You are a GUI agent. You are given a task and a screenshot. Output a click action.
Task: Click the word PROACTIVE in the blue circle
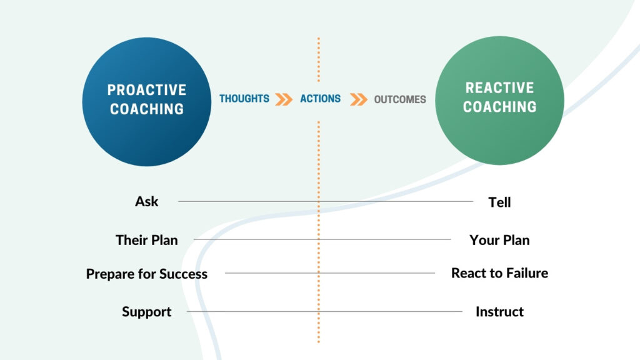147,90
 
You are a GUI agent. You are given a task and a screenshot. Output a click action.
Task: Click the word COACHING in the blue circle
147,109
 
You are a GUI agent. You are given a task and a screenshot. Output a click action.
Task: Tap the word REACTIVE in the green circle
499,87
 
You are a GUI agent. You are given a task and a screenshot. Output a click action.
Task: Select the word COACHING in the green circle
499,107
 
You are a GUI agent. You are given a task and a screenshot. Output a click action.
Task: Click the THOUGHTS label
244,99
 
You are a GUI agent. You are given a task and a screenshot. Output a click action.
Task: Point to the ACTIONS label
320,99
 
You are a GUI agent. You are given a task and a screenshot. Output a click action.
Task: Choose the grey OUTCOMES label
400,99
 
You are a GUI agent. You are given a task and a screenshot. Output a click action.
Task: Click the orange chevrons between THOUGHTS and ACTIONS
284,99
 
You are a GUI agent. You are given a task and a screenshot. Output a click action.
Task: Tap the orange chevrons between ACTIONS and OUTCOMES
358,99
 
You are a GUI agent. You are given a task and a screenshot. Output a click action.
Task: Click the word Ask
147,201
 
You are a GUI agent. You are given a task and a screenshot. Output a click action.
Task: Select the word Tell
499,202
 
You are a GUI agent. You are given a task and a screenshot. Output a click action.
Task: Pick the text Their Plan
147,240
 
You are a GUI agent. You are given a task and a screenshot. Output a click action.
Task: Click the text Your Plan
499,240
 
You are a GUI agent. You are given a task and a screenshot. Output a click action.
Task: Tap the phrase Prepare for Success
147,274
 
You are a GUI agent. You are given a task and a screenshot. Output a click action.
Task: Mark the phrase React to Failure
499,273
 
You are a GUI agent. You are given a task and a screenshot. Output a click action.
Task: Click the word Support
147,312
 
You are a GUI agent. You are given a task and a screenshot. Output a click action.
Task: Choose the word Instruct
499,312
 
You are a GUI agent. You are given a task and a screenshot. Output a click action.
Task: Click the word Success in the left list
183,274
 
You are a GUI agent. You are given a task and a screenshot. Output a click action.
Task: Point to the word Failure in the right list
526,273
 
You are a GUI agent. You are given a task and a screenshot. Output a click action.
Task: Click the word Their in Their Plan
131,240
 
